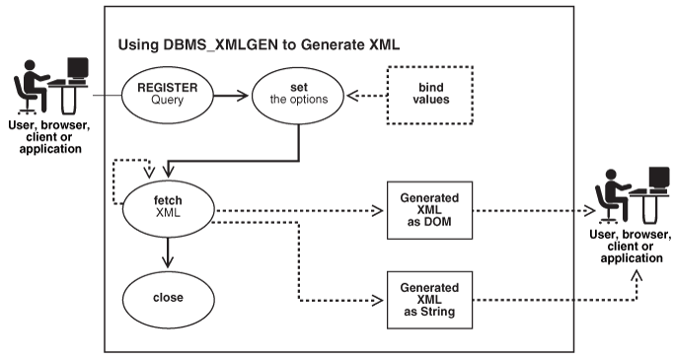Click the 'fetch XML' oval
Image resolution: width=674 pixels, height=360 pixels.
tap(168, 206)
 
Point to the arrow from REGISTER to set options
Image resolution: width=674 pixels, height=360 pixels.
tap(227, 95)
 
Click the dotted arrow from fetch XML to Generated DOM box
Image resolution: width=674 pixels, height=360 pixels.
tap(296, 209)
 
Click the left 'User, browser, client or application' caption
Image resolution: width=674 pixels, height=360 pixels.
tap(47, 134)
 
